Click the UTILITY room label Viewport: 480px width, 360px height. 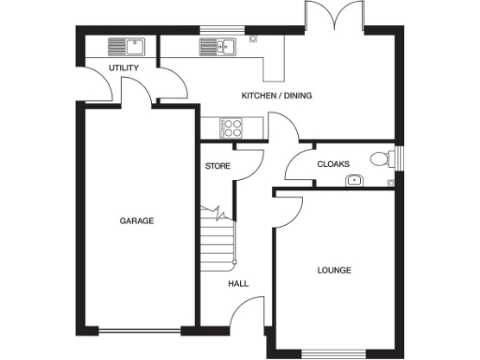coord(124,68)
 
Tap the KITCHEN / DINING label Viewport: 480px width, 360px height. coord(277,96)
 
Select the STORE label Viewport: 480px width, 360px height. coord(217,166)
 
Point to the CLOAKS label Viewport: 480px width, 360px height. coord(333,164)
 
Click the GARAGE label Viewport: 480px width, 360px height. coord(136,221)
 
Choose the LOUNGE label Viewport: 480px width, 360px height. coord(334,271)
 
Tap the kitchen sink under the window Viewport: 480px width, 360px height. coord(215,46)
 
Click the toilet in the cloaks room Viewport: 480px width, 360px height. coord(382,158)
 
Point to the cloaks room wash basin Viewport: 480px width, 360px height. coord(354,179)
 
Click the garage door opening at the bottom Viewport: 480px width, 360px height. coord(142,331)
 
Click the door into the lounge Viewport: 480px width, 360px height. coord(290,210)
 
